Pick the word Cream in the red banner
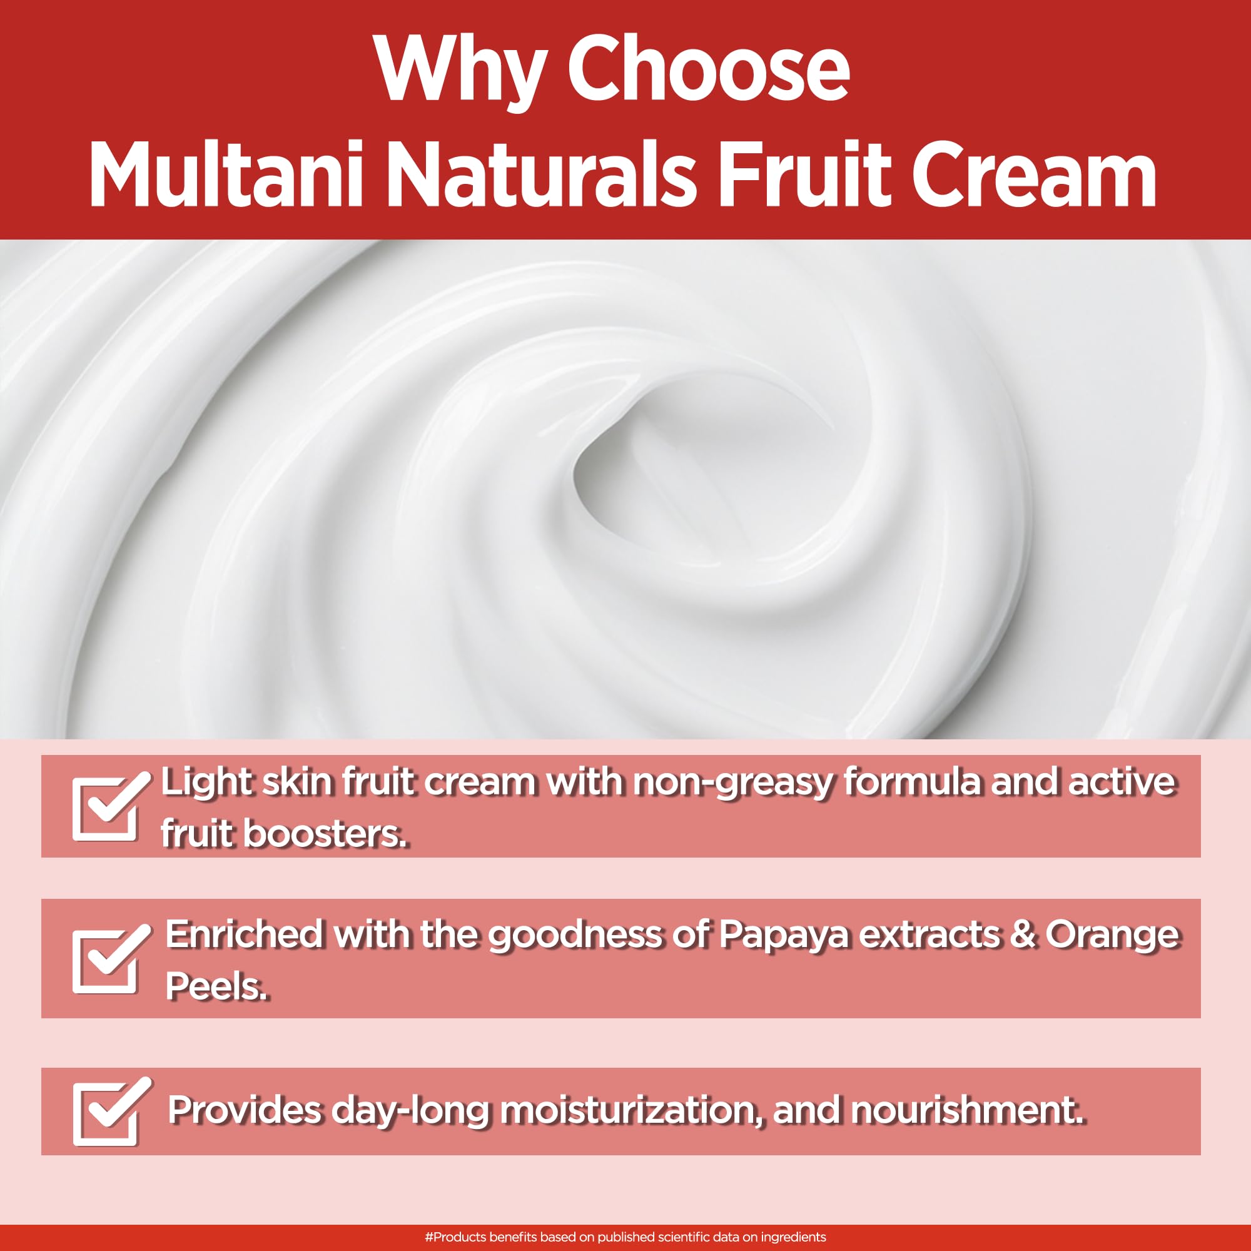pyautogui.click(x=1034, y=173)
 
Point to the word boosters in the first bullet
pyautogui.click(x=326, y=833)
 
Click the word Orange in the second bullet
pyautogui.click(x=1112, y=935)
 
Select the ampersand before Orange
pyautogui.click(x=1022, y=934)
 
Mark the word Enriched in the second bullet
pyautogui.click(x=244, y=934)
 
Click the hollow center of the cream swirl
pyautogui.click(x=654, y=473)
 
